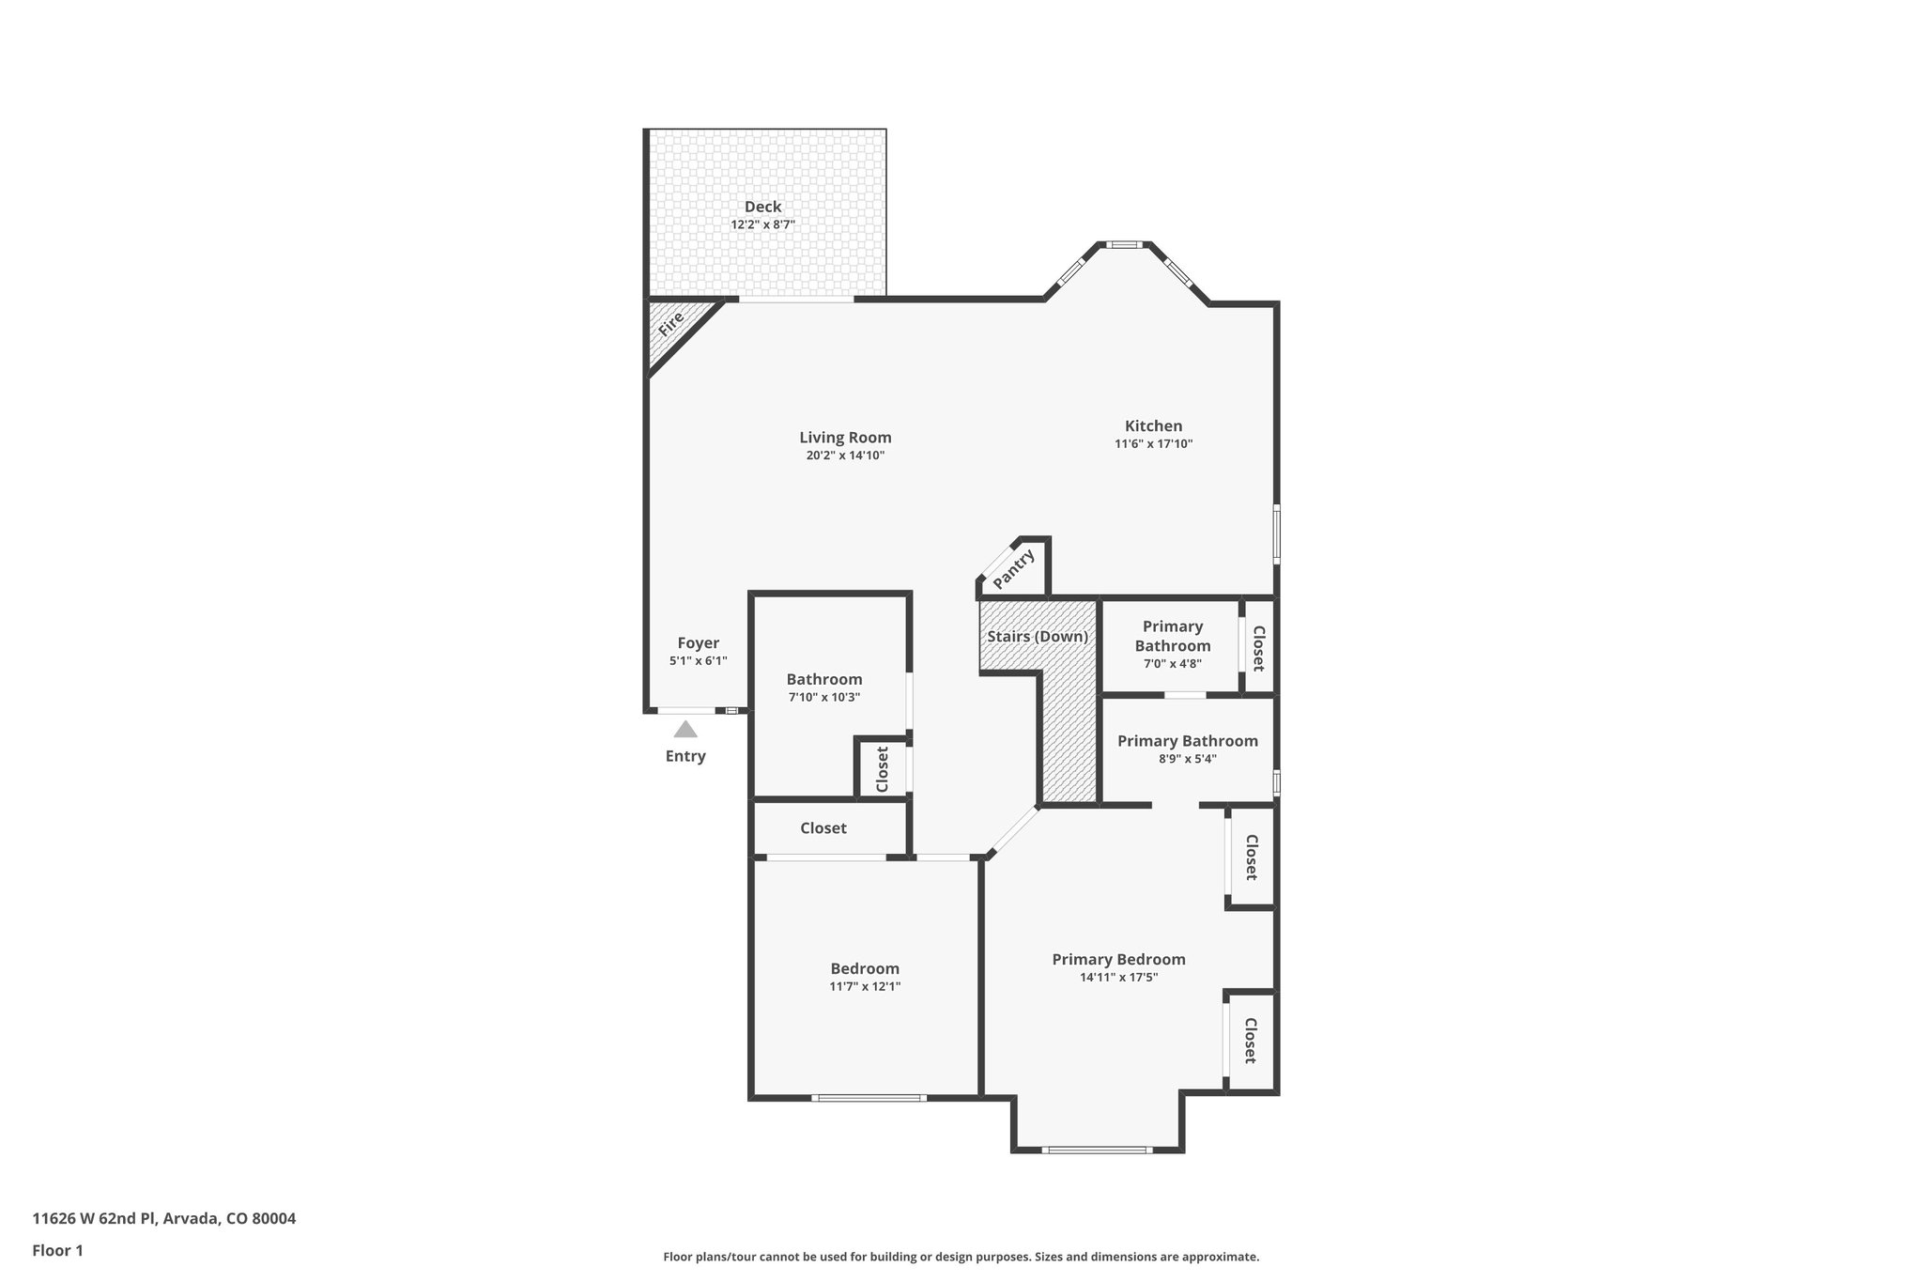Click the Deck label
click(762, 207)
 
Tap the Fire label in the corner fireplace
click(670, 325)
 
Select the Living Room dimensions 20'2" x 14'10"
click(845, 456)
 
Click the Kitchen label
click(1153, 425)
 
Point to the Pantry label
click(1013, 569)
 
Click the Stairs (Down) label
click(1038, 637)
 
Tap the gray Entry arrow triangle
click(685, 729)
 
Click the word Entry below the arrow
click(685, 756)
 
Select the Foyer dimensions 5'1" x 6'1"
click(698, 661)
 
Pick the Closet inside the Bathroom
click(883, 769)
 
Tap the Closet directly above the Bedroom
click(823, 828)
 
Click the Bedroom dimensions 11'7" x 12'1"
click(864, 986)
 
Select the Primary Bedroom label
click(1118, 959)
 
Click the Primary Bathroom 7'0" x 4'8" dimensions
click(1172, 663)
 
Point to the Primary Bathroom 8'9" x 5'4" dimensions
click(1187, 759)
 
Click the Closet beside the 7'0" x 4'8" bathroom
click(1258, 649)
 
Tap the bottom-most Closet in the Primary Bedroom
click(1251, 1041)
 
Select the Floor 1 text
click(57, 1250)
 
